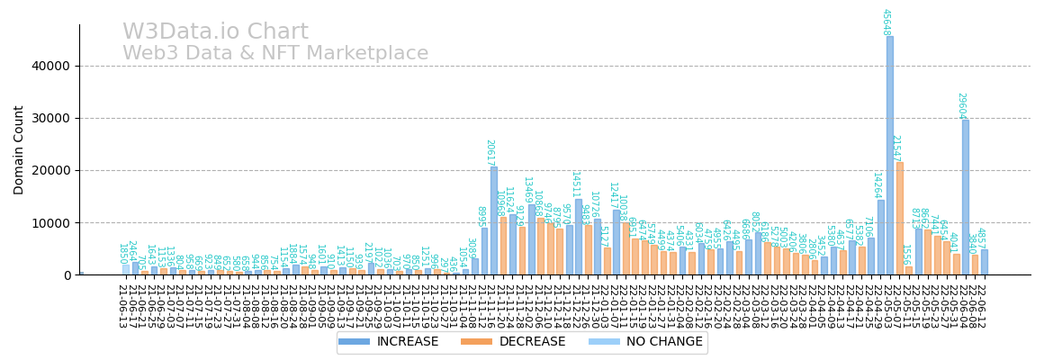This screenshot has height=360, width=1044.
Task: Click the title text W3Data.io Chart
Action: point(215,32)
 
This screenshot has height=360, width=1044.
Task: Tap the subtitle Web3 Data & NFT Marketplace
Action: point(275,54)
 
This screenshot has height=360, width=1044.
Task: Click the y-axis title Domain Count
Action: point(19,149)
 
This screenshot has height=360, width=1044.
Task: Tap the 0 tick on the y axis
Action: point(65,274)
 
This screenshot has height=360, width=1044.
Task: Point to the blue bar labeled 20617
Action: point(494,220)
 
